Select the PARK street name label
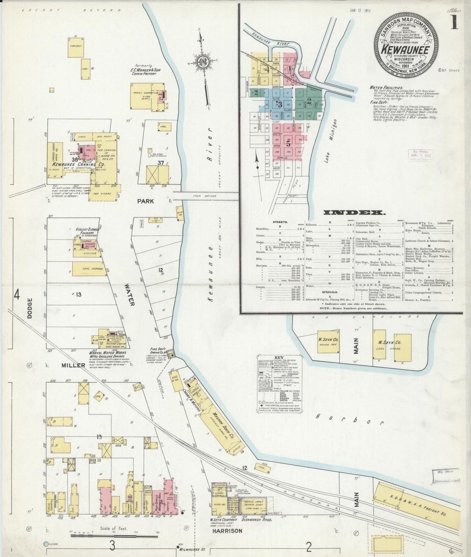pos(145,201)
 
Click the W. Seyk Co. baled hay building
pos(328,341)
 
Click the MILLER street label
pos(73,365)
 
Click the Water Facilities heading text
pos(386,88)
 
